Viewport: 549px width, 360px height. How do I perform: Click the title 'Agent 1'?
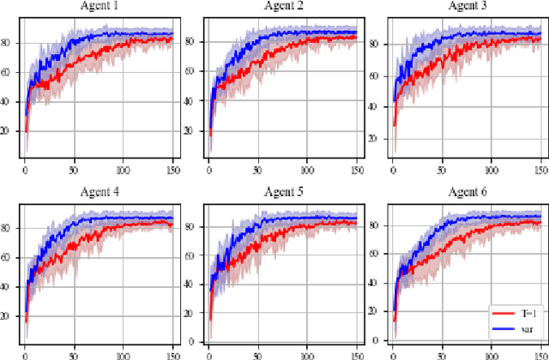(99, 6)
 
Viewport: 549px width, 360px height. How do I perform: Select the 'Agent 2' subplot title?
(282, 6)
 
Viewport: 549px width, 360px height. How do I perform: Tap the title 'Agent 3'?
(467, 6)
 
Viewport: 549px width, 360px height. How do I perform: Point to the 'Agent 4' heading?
(99, 191)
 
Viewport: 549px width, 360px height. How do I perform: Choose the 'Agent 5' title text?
(282, 191)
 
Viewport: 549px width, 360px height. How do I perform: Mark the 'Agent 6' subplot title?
(467, 191)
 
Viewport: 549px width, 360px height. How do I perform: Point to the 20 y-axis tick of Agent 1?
(8, 131)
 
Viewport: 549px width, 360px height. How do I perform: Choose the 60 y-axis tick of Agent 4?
(8, 257)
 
